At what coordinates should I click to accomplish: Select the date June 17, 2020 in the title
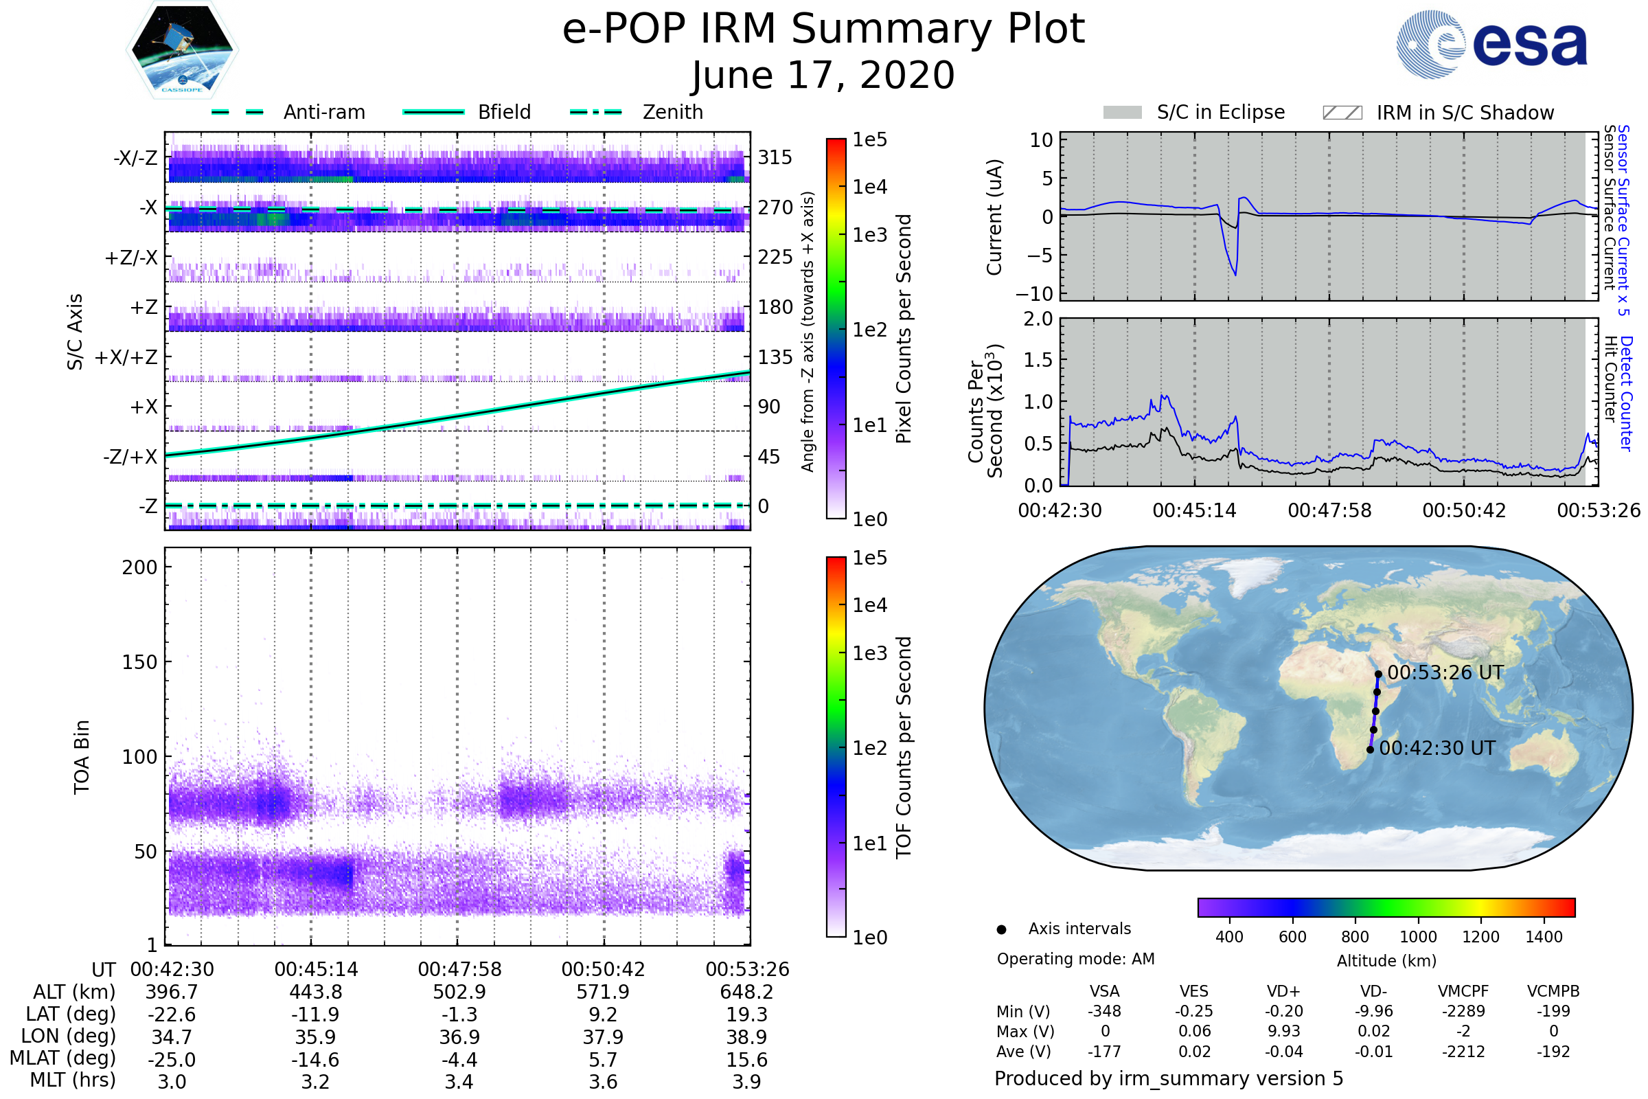point(823,75)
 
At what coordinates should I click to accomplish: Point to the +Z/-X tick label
point(131,258)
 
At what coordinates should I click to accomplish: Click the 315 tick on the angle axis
point(775,157)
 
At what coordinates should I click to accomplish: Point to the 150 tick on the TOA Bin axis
point(139,662)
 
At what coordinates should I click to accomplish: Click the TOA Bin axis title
point(81,757)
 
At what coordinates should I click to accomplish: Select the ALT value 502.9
point(459,993)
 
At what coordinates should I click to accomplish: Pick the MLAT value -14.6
point(315,1060)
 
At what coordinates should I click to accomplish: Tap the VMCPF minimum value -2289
point(1463,1011)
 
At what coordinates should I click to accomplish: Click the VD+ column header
point(1283,991)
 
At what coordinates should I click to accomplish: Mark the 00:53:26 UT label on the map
point(1445,673)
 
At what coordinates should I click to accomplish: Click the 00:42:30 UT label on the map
point(1437,749)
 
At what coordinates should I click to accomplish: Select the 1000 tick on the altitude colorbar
point(1417,937)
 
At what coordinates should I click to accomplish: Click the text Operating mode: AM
point(1075,959)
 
